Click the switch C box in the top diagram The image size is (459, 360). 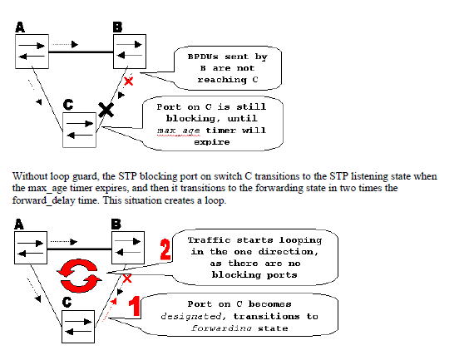coord(80,130)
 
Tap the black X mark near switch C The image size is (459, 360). coord(106,109)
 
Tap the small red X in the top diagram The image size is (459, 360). coord(127,81)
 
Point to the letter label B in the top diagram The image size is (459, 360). coord(117,27)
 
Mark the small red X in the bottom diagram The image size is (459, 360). coord(127,277)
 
